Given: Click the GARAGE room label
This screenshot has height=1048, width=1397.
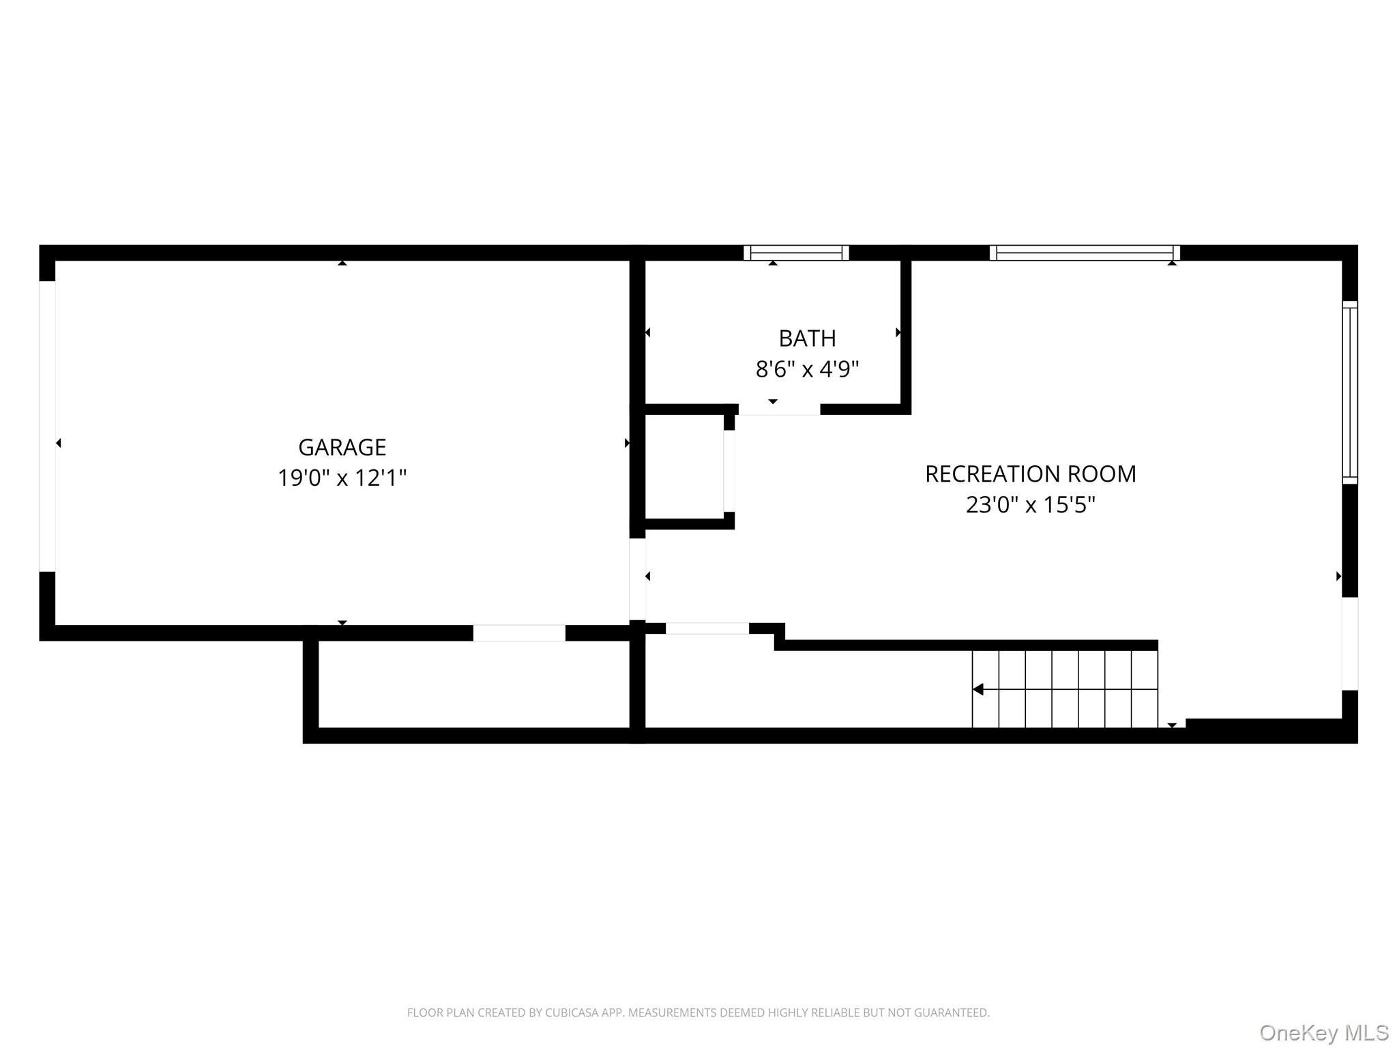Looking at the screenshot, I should [342, 447].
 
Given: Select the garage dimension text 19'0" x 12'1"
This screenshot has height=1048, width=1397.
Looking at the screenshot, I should [342, 478].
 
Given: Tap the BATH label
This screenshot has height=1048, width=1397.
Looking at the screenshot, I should [807, 338].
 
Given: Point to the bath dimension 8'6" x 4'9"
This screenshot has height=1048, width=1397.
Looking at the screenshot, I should [807, 369].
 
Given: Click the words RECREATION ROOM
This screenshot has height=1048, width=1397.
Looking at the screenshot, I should [1030, 474].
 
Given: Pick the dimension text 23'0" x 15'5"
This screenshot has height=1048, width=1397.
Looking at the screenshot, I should [1030, 505].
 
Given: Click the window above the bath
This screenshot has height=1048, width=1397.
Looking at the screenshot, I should [796, 252].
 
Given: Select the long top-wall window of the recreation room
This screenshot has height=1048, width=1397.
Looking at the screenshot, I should [1085, 252].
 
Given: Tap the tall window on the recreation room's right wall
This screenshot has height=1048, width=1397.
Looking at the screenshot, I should [1349, 392].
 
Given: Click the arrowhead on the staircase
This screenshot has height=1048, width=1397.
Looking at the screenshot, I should [978, 689].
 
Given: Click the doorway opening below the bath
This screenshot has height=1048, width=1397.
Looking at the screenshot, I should [779, 409].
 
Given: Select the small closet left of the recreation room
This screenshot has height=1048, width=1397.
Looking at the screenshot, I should [684, 467].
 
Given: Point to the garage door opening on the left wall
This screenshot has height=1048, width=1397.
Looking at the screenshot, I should [47, 426].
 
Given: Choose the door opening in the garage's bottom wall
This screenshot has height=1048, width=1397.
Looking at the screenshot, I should [519, 633].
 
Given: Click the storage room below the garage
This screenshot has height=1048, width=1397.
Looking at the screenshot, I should [473, 684].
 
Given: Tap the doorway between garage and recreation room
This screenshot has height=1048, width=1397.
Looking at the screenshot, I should [637, 579].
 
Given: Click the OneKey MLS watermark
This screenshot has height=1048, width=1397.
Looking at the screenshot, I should [1323, 1033].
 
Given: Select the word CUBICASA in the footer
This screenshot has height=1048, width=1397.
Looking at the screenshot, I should [572, 1013].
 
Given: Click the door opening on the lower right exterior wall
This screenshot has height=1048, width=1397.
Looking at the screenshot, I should [1349, 643].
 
